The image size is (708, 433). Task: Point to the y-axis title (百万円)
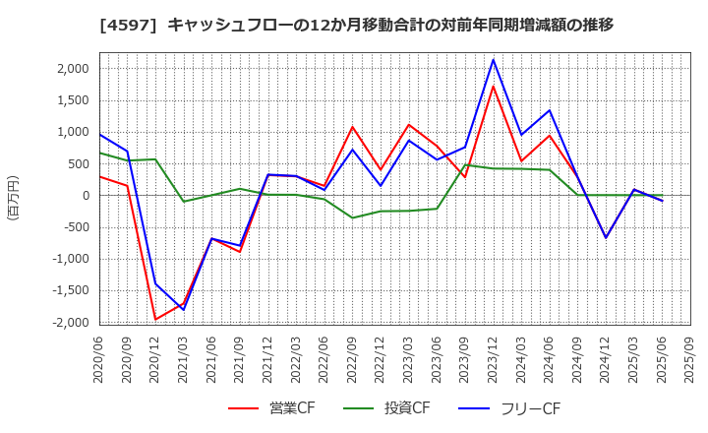pyautogui.click(x=13, y=197)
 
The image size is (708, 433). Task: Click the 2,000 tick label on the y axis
pyautogui.click(x=73, y=69)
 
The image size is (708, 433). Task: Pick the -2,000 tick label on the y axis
pyautogui.click(x=70, y=323)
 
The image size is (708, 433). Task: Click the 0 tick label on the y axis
pyautogui.click(x=86, y=196)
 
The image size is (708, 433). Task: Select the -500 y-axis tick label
pyautogui.click(x=76, y=227)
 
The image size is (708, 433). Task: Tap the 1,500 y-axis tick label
pyautogui.click(x=73, y=100)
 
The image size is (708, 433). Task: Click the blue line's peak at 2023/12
pyautogui.click(x=494, y=60)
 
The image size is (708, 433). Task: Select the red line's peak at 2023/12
pyautogui.click(x=494, y=86)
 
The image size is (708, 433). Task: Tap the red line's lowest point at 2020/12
pyautogui.click(x=155, y=319)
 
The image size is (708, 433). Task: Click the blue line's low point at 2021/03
pyautogui.click(x=184, y=309)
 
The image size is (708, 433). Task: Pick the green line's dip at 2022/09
pyautogui.click(x=353, y=217)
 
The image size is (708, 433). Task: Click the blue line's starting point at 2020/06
pyautogui.click(x=99, y=135)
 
